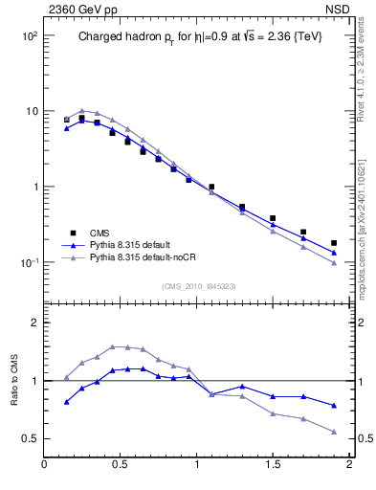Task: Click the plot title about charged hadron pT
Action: pos(194,37)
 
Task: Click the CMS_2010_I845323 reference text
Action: pos(193,285)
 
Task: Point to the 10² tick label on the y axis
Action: pos(29,36)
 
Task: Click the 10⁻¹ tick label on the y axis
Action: pos(29,263)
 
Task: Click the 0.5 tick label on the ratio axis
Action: pos(30,438)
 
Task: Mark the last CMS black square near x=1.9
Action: pos(334,243)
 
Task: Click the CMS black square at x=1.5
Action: pos(273,218)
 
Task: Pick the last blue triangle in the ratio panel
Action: pos(334,406)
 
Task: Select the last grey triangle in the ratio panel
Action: pos(334,432)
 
